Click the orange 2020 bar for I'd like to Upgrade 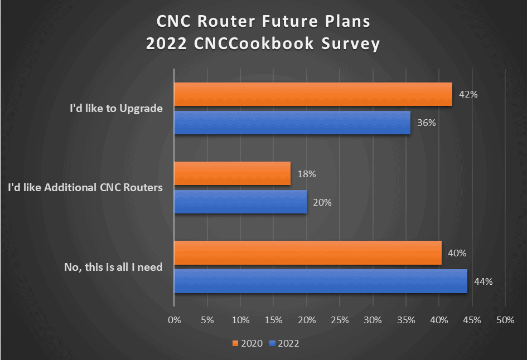click(313, 94)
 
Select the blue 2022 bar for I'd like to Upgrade click(292, 123)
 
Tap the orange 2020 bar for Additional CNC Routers click(233, 173)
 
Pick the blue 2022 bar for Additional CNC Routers click(240, 202)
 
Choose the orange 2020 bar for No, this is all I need click(308, 252)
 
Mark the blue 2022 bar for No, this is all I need click(321, 281)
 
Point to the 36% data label click(426, 123)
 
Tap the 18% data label click(307, 174)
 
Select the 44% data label click(483, 281)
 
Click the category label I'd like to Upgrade click(116, 109)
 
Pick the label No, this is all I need click(113, 267)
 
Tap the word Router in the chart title click(232, 22)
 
